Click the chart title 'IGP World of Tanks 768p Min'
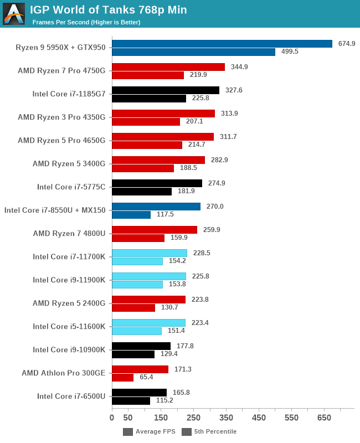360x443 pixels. pyautogui.click(x=108, y=9)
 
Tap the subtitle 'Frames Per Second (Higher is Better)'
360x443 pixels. pyautogui.click(x=86, y=22)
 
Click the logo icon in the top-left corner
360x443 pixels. pyautogui.click(x=14, y=14)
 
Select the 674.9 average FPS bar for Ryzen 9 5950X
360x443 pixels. pyautogui.click(x=222, y=44)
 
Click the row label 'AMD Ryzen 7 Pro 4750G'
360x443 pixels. pyautogui.click(x=61, y=70)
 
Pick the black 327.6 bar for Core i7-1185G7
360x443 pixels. pyautogui.click(x=165, y=90)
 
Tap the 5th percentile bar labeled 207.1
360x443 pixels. pyautogui.click(x=146, y=122)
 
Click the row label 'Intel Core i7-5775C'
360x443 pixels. pyautogui.click(x=71, y=187)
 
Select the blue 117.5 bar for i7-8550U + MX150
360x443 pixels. pyautogui.click(x=131, y=215)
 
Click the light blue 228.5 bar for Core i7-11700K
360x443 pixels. pyautogui.click(x=149, y=253)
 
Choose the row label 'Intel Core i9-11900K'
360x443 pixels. pyautogui.click(x=69, y=280)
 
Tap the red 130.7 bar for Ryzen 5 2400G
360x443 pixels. pyautogui.click(x=133, y=308)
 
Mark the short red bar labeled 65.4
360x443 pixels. pyautogui.click(x=122, y=378)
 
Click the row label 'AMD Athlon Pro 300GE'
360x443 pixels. pyautogui.click(x=63, y=373)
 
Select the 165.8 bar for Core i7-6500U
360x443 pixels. pyautogui.click(x=139, y=393)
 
